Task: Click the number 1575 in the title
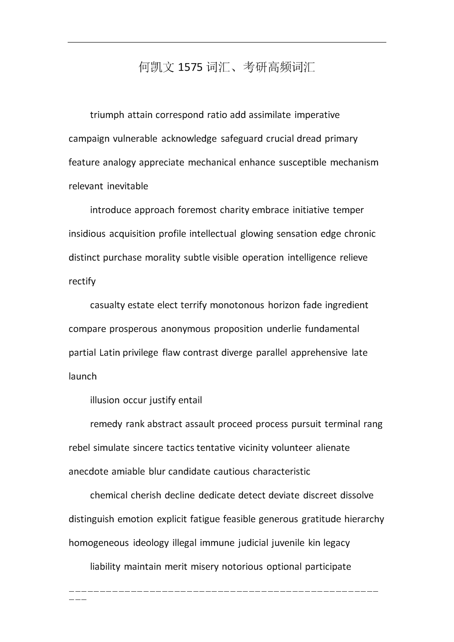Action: click(x=190, y=68)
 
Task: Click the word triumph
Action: click(x=107, y=115)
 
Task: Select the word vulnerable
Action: click(x=135, y=139)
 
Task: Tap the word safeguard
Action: click(x=241, y=139)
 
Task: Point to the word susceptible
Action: click(x=303, y=162)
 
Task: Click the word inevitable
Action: click(x=128, y=186)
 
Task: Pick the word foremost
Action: click(x=197, y=210)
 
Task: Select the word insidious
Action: click(x=87, y=234)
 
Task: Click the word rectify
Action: click(x=82, y=281)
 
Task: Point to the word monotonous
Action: click(x=237, y=305)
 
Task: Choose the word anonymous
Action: click(x=186, y=329)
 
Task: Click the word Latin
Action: click(x=109, y=353)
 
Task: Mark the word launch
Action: click(x=83, y=376)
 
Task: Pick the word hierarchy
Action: click(x=364, y=519)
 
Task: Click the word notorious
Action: click(x=242, y=567)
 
